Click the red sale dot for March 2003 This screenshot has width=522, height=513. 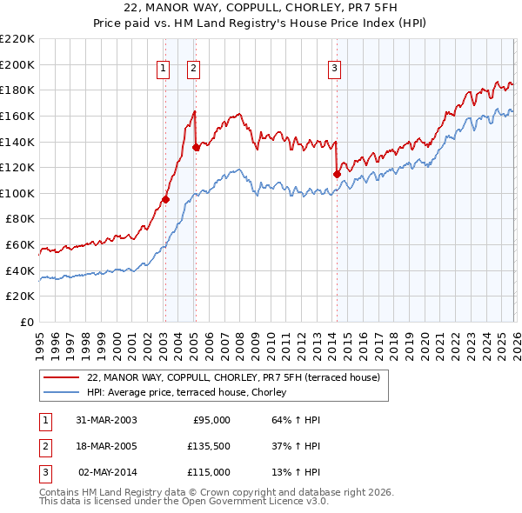(x=165, y=199)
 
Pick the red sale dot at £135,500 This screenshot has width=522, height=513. (x=196, y=147)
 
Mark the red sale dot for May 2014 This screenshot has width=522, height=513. (x=337, y=174)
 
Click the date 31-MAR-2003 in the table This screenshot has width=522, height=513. (x=106, y=420)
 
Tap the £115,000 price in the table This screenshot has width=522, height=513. (x=209, y=472)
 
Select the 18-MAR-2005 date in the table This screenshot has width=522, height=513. (x=106, y=446)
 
